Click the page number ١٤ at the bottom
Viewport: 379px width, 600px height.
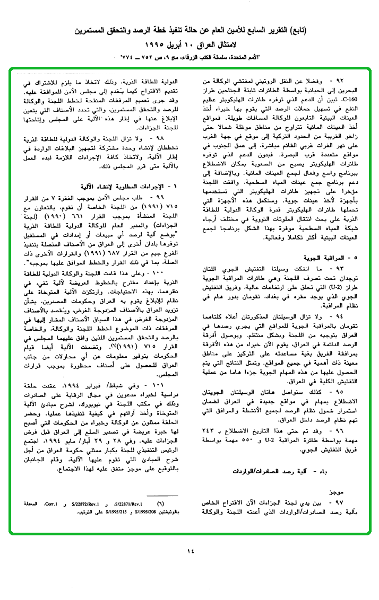pos(191,551)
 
